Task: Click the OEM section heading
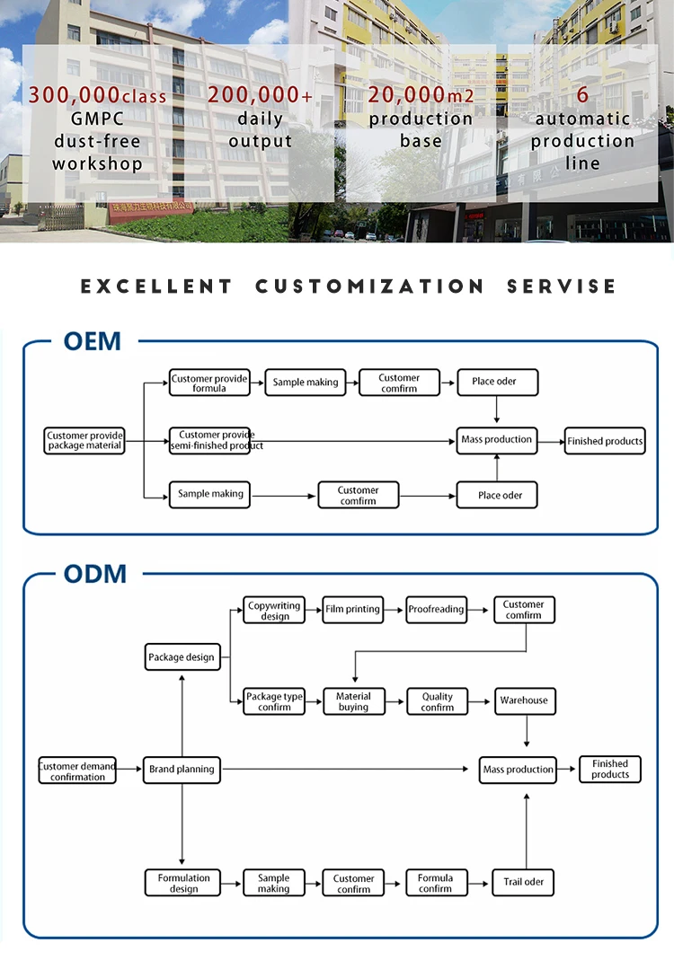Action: (x=92, y=342)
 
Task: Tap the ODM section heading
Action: (x=94, y=574)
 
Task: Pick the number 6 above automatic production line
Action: (x=582, y=95)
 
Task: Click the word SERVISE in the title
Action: (x=562, y=286)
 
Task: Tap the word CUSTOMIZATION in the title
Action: (x=369, y=286)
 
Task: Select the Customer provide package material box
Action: (x=84, y=440)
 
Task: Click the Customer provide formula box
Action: (x=209, y=383)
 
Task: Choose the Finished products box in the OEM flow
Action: (x=605, y=441)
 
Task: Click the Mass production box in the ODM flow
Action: (x=518, y=770)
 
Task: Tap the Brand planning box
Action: (x=182, y=770)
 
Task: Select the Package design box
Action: (x=182, y=657)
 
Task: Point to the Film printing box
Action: (x=352, y=610)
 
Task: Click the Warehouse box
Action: (x=524, y=700)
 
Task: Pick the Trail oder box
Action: (x=523, y=882)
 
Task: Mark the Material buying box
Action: (x=353, y=701)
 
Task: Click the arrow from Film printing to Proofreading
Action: (x=395, y=610)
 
